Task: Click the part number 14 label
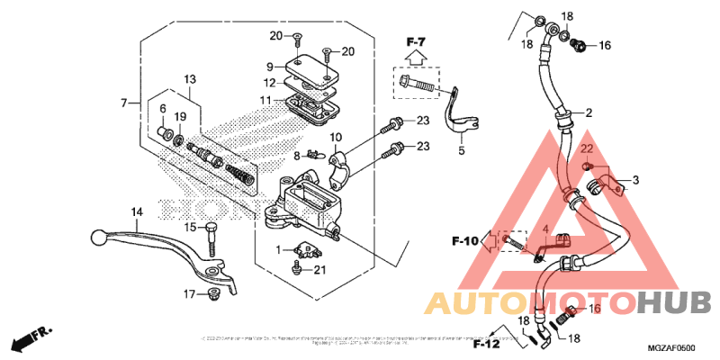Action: [x=137, y=212]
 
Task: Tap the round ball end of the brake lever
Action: [x=98, y=238]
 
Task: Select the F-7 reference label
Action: [x=414, y=41]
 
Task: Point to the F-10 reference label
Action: [x=465, y=240]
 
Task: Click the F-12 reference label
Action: [x=486, y=343]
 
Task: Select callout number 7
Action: [x=124, y=103]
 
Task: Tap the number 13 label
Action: [x=190, y=79]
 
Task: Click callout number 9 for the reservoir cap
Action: [x=269, y=67]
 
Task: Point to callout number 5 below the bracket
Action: [x=461, y=150]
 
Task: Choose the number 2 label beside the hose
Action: [x=589, y=112]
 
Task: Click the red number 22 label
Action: [x=584, y=148]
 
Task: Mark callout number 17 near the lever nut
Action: [x=190, y=294]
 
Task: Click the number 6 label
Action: [x=163, y=109]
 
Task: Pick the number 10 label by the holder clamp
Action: [x=337, y=138]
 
